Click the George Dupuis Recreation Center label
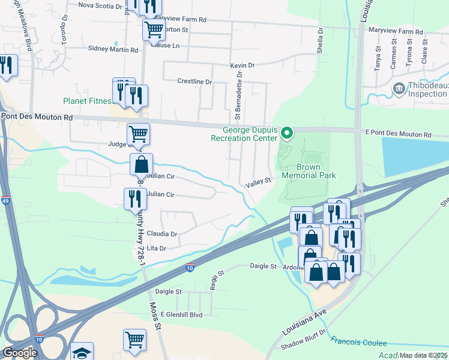click(246, 133)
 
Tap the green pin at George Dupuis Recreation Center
click(287, 133)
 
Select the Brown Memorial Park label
click(309, 171)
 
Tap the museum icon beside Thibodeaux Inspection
click(398, 89)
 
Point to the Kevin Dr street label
click(243, 65)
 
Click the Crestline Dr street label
click(194, 82)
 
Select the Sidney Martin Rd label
click(113, 49)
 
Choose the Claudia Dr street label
click(162, 234)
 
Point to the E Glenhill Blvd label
click(178, 314)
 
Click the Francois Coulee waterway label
click(359, 342)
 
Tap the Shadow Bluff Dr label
click(305, 340)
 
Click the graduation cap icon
click(82, 352)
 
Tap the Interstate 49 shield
click(5, 200)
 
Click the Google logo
click(20, 353)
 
